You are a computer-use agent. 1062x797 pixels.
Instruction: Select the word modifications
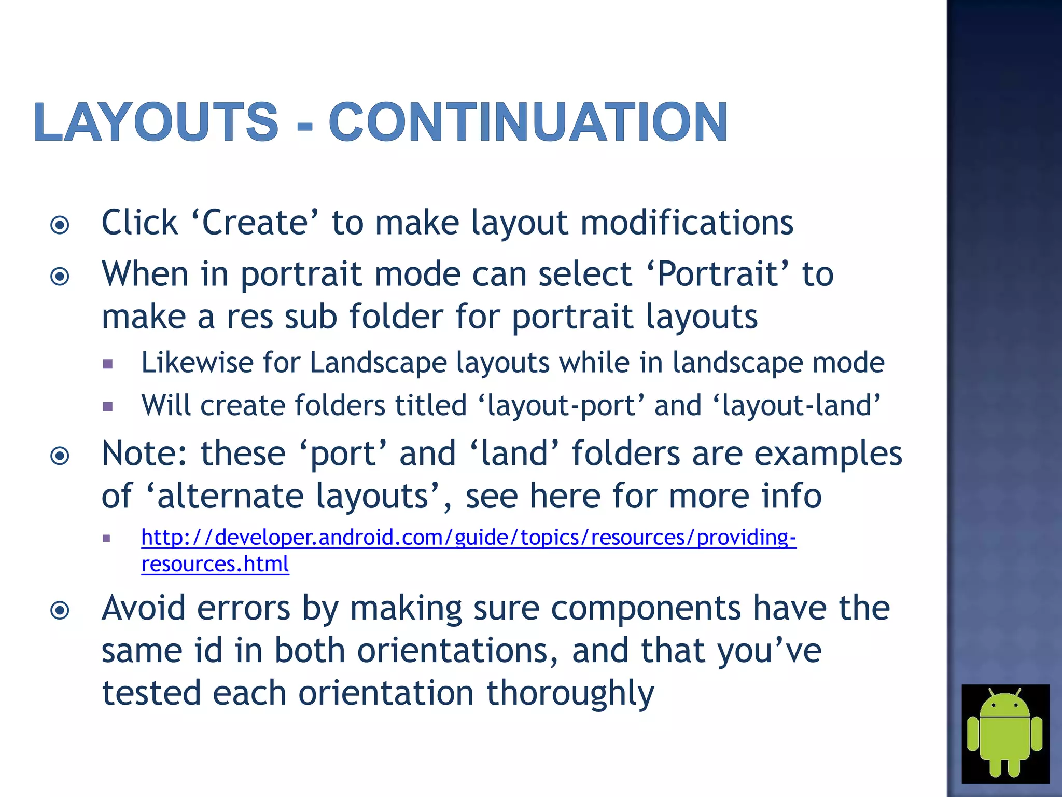(x=687, y=223)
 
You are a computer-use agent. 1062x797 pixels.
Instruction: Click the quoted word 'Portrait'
(x=718, y=274)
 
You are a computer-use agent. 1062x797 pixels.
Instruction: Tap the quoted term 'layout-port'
(x=561, y=405)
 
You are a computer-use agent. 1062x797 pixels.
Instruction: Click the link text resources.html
(x=215, y=564)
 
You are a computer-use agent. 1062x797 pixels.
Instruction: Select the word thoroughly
(x=570, y=693)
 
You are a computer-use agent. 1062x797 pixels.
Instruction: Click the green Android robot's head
(x=1004, y=706)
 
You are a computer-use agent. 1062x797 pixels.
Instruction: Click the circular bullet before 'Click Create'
(x=60, y=225)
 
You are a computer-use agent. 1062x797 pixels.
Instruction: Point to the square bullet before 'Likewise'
(x=108, y=364)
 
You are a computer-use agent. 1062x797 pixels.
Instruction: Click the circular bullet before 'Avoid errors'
(x=60, y=610)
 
